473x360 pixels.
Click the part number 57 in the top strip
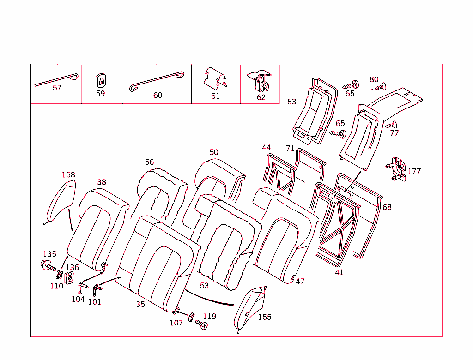click(57, 88)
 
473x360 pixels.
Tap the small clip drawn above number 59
click(100, 81)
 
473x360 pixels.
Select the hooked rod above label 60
click(157, 80)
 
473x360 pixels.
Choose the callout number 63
click(291, 102)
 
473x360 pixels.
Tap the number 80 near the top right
click(374, 79)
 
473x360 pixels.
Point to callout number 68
click(387, 207)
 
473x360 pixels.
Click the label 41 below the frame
click(340, 272)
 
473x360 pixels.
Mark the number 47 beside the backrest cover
click(300, 281)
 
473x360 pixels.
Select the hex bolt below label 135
click(48, 265)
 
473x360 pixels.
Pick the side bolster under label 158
click(61, 201)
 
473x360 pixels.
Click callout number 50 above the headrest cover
click(214, 152)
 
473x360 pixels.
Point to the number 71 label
click(290, 148)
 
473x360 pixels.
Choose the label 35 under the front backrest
click(140, 304)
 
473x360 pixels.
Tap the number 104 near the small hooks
click(78, 299)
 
